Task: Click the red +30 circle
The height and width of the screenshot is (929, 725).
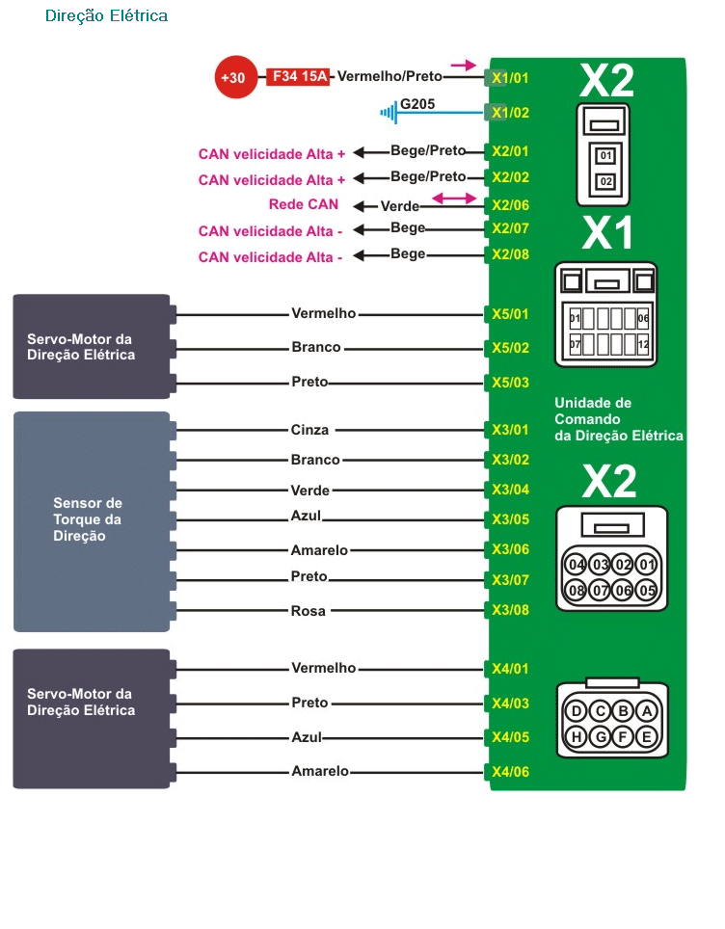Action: (x=232, y=77)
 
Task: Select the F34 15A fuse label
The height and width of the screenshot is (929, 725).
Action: (x=299, y=76)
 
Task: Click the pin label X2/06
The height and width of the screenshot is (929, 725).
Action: (x=510, y=204)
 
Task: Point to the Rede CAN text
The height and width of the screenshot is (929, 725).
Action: (x=304, y=204)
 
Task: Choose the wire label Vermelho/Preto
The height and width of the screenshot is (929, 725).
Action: (x=389, y=76)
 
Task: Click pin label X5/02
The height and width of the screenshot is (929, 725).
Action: (x=510, y=348)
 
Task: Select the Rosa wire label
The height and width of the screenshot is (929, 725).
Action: (x=309, y=611)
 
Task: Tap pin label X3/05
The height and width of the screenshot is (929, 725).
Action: (x=510, y=519)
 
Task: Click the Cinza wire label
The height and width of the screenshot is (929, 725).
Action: (x=309, y=430)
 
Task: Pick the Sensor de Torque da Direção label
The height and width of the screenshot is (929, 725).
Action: (x=88, y=519)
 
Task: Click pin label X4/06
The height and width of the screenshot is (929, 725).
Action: (x=510, y=772)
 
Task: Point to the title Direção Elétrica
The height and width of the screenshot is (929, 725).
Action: (x=106, y=15)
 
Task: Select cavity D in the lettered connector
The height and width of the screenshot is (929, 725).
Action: (x=577, y=712)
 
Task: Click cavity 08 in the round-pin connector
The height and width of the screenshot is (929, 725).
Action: (x=577, y=590)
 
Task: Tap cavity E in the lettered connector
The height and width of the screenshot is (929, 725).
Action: (x=647, y=737)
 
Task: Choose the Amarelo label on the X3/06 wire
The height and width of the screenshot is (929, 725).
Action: (x=319, y=550)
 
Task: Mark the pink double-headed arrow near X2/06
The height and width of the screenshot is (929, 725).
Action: (x=454, y=199)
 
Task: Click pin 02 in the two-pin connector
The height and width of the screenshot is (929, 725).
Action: (x=605, y=181)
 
